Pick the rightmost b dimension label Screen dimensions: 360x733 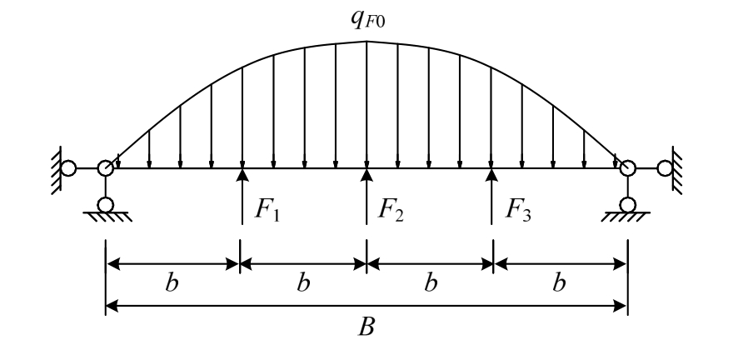point(561,282)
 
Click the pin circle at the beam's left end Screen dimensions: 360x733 point(106,168)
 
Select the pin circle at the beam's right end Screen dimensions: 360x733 point(628,168)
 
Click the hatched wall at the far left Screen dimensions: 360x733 point(55,167)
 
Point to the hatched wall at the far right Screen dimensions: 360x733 point(679,167)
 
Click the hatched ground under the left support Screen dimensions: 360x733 point(106,217)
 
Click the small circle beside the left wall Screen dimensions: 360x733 point(69,168)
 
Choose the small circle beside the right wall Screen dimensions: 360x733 point(665,168)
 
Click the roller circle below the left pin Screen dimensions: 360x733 point(106,204)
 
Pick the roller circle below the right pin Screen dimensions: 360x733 point(628,204)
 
